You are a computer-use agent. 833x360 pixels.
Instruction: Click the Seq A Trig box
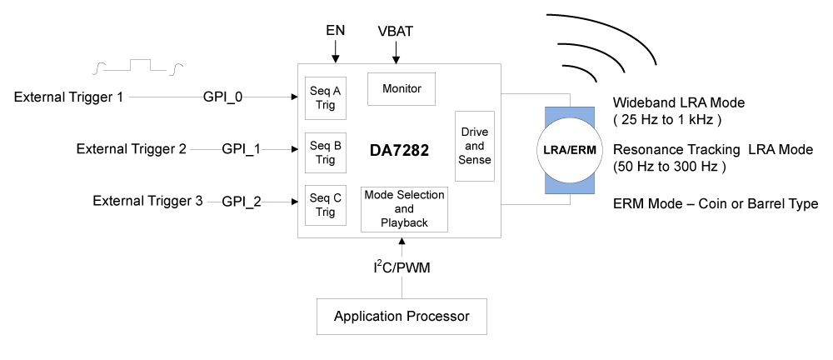(x=326, y=97)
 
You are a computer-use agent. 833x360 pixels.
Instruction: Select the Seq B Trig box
(x=326, y=152)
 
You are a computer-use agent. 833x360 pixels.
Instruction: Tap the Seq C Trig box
(x=326, y=205)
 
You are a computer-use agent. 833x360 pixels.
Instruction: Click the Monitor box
(x=402, y=89)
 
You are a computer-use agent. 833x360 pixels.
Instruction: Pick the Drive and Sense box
(x=475, y=146)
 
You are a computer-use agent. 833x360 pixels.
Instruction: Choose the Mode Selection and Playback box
(x=404, y=209)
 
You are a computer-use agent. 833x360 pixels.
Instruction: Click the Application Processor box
(x=402, y=317)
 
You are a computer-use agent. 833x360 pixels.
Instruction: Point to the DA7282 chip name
(x=400, y=151)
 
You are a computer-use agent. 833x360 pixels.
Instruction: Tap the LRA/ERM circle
(x=570, y=151)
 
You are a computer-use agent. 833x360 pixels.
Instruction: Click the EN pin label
(x=335, y=31)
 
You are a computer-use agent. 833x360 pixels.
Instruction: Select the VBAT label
(x=395, y=32)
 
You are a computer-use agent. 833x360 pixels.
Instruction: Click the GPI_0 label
(x=223, y=97)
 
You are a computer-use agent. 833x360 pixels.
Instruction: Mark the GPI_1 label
(x=242, y=149)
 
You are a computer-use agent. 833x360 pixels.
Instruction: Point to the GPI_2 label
(x=242, y=202)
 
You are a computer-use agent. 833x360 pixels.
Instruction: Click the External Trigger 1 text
(x=68, y=97)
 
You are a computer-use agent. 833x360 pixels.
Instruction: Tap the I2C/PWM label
(x=402, y=267)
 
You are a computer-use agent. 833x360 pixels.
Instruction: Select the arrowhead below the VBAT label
(x=396, y=59)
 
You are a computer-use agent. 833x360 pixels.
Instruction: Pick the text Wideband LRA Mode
(x=678, y=102)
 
